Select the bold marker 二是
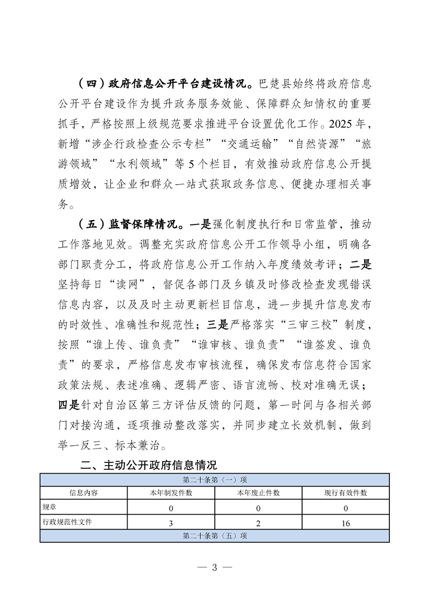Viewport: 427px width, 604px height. [x=360, y=264]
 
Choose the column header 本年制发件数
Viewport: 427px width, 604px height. [x=171, y=493]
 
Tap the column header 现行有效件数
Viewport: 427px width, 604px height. [x=345, y=493]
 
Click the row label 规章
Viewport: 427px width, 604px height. [x=49, y=508]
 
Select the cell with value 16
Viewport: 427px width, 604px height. [x=345, y=522]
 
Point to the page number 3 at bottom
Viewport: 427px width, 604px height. [x=214, y=567]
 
